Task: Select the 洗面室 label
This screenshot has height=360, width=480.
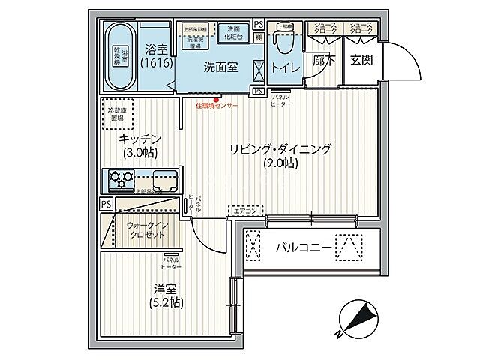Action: [221, 67]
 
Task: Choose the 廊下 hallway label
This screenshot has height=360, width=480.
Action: [324, 61]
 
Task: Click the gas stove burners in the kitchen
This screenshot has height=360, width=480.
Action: [121, 178]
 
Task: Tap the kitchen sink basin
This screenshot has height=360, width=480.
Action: [164, 179]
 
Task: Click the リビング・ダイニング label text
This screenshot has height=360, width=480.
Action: [279, 148]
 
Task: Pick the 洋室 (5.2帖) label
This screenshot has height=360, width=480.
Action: [166, 295]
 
